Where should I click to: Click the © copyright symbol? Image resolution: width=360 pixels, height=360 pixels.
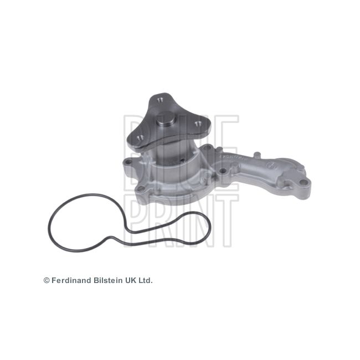(x=47, y=281)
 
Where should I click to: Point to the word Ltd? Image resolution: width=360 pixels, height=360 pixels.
(x=145, y=281)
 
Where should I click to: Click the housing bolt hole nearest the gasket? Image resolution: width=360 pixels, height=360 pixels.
(x=143, y=191)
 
